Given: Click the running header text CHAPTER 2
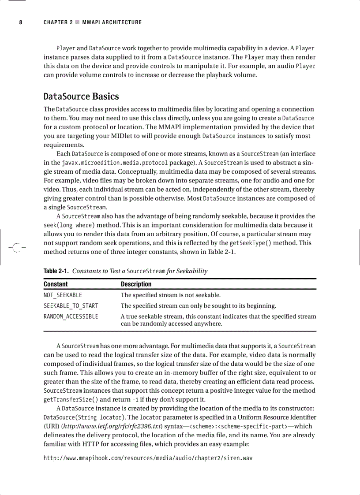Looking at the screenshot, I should [58, 22].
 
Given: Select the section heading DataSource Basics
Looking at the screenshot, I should [81, 96].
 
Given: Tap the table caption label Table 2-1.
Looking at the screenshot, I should [56, 271].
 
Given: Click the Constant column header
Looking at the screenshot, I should [56, 284].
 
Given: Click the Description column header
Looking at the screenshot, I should [136, 284].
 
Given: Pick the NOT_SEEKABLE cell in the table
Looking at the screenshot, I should [63, 295].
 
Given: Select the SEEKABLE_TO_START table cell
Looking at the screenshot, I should [71, 305].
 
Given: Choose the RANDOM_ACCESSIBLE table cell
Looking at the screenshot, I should [71, 316].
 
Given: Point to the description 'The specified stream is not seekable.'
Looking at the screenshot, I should [171, 295].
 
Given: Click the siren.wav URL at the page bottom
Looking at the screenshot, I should [148, 458].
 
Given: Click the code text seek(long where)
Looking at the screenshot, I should [69, 225].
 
